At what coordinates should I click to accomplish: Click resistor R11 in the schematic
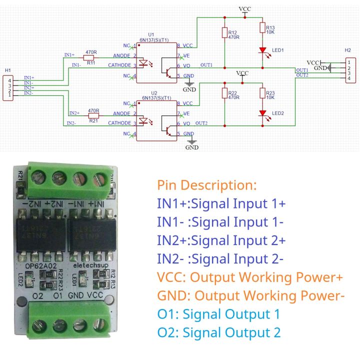tap(90, 57)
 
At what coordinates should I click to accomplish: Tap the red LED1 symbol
tap(262, 50)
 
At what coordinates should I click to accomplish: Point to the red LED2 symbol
tap(262, 113)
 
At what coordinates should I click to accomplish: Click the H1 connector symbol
tap(8, 88)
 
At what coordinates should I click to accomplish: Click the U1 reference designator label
tap(151, 34)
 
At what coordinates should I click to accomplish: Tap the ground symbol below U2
tap(192, 143)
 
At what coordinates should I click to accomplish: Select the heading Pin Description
tap(206, 185)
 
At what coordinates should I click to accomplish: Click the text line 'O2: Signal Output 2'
tap(218, 332)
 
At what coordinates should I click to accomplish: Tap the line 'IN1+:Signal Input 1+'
tap(221, 203)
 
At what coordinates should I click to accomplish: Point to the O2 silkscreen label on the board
tap(38, 296)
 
